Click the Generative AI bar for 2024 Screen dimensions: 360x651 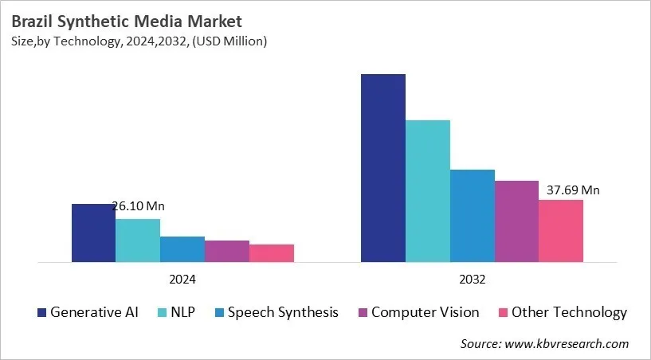(93, 233)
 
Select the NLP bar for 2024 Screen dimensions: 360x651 (138, 241)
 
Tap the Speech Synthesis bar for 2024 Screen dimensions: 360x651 (182, 249)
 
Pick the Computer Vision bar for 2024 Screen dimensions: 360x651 (227, 251)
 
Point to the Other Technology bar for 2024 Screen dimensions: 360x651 (272, 253)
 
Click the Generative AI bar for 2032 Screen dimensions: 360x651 (383, 168)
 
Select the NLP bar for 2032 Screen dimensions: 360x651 (428, 191)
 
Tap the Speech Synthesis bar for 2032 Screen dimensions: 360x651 (473, 216)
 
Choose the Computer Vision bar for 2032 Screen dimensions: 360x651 (516, 221)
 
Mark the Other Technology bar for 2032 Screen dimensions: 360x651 (561, 231)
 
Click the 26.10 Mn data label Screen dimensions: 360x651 (138, 206)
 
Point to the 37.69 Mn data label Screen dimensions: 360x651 (573, 190)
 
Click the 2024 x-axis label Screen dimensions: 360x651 (182, 280)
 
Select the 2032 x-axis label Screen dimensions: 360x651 (473, 280)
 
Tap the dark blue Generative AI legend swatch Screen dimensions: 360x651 (41, 312)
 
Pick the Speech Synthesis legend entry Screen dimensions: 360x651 (275, 312)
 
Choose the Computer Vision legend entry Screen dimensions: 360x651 (417, 312)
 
